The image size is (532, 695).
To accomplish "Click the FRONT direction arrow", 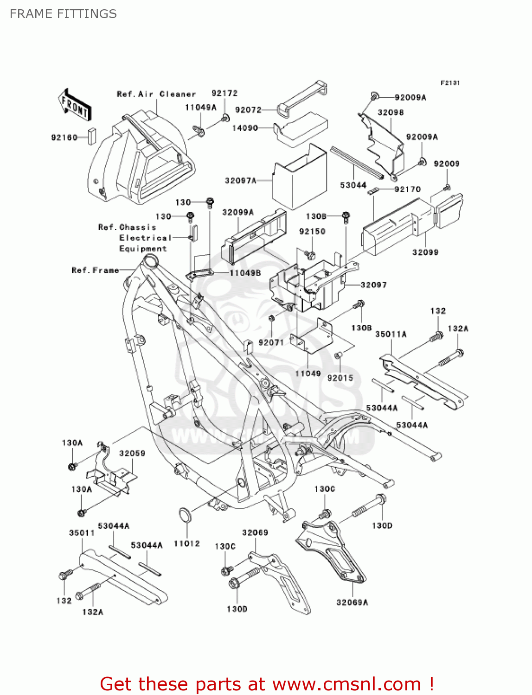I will point(74,105).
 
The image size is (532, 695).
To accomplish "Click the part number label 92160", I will point(64,138).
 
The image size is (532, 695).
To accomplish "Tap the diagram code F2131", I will point(450,83).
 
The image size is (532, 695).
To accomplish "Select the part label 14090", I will point(245,128).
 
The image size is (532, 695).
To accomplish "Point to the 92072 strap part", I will point(301,98).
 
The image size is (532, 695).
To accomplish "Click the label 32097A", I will point(241,180).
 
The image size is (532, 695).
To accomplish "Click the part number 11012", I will point(186,543).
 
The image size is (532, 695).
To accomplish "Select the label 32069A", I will point(352,602).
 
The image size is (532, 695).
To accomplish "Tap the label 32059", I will point(132,453).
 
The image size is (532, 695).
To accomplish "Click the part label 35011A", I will point(391,334).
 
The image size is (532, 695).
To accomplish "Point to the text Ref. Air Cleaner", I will point(156,94).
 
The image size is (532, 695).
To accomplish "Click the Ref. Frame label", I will point(95,270).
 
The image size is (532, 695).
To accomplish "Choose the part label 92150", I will point(312,231).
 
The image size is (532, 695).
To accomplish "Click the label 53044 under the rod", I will point(353,185).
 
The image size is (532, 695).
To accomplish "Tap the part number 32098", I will point(391,112).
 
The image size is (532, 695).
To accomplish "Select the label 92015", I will point(340,378).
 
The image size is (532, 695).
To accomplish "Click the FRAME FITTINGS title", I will point(63,14).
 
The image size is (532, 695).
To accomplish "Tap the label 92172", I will point(224,93).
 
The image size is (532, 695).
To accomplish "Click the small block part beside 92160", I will point(92,137).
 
